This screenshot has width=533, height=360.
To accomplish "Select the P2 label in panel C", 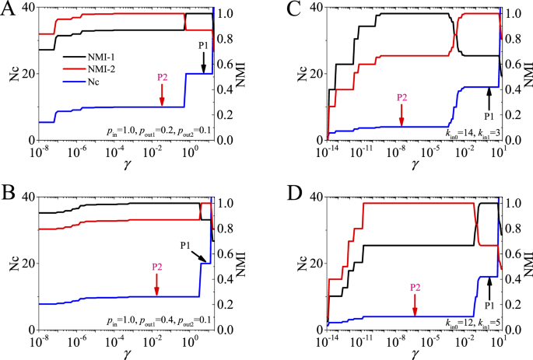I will (402, 97).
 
